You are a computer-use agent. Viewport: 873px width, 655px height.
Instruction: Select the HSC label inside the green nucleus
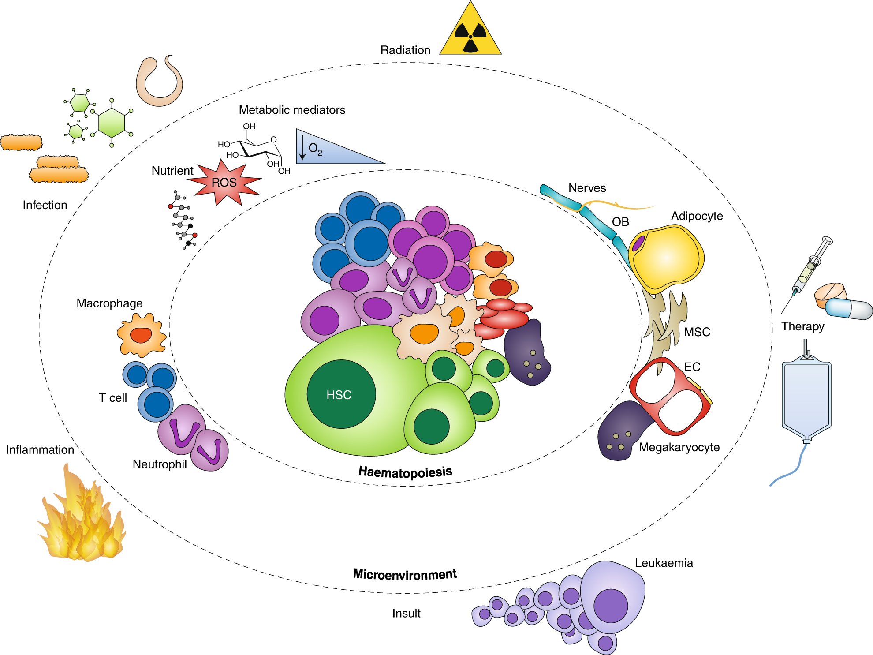click(339, 395)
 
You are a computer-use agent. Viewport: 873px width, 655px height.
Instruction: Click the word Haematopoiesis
click(405, 472)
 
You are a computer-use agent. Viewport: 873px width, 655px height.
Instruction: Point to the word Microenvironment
click(405, 574)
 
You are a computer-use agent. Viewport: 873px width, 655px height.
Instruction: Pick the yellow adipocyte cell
click(666, 258)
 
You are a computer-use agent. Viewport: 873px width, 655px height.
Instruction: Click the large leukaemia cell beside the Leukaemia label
click(613, 600)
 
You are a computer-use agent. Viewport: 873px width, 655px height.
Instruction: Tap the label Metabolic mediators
click(292, 110)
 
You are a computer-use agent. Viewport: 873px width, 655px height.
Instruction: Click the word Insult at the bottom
click(406, 613)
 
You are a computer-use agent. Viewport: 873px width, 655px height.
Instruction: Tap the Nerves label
click(587, 188)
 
